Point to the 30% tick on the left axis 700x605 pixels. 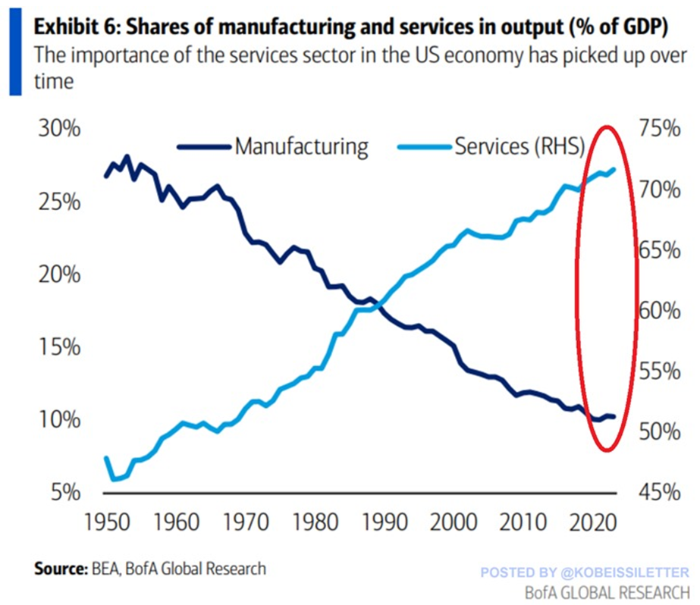tap(60, 129)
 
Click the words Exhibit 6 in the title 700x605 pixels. tap(71, 28)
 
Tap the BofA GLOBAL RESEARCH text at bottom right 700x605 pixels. tap(607, 590)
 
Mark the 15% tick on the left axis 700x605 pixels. tap(60, 347)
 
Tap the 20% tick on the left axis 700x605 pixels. tap(60, 274)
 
